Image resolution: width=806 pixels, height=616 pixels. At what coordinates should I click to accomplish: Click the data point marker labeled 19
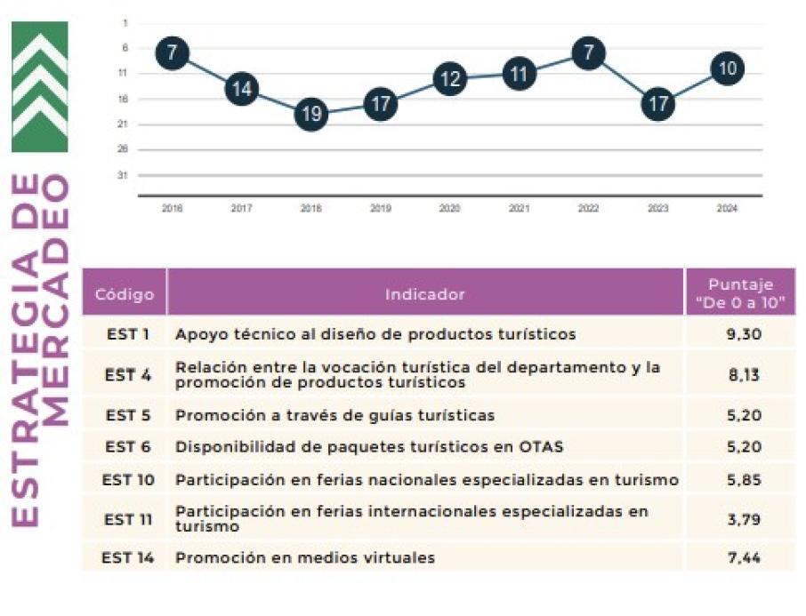click(311, 114)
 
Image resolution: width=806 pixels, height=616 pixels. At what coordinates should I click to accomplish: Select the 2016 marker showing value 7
click(173, 53)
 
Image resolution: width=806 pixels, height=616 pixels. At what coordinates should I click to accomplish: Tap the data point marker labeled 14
click(242, 89)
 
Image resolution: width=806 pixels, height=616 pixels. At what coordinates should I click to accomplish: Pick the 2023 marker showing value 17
click(657, 104)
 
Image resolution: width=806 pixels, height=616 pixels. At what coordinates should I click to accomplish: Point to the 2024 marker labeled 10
click(727, 68)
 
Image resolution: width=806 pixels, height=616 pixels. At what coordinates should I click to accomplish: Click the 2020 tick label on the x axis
click(449, 208)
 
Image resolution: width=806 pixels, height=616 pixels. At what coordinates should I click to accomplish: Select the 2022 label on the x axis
click(588, 208)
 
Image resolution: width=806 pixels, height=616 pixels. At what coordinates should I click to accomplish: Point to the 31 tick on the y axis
click(124, 174)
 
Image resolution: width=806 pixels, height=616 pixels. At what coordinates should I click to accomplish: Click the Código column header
click(125, 294)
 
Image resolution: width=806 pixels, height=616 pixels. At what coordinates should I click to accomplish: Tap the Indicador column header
click(425, 294)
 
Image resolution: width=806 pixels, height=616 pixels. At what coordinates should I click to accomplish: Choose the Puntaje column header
click(740, 294)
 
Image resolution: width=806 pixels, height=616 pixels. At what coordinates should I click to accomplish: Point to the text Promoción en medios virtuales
click(305, 558)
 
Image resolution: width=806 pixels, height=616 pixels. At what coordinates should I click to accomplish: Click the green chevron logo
click(39, 86)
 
